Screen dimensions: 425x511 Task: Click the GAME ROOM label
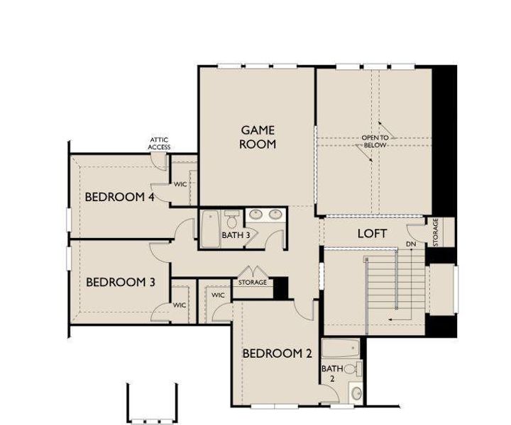pos(258,137)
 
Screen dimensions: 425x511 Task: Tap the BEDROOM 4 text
pos(120,197)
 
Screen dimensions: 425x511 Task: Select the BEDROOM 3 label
pos(120,282)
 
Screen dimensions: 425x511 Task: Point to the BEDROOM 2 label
pos(277,353)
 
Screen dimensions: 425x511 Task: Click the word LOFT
pos(371,232)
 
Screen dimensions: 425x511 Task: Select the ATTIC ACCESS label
pos(159,144)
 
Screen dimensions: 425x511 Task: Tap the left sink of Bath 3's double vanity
pos(256,213)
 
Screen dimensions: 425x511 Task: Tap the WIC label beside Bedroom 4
pos(181,183)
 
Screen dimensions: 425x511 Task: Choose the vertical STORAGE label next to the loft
pos(435,231)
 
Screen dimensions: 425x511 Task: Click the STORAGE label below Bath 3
pos(253,283)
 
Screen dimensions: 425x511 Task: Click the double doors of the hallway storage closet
pos(253,273)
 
